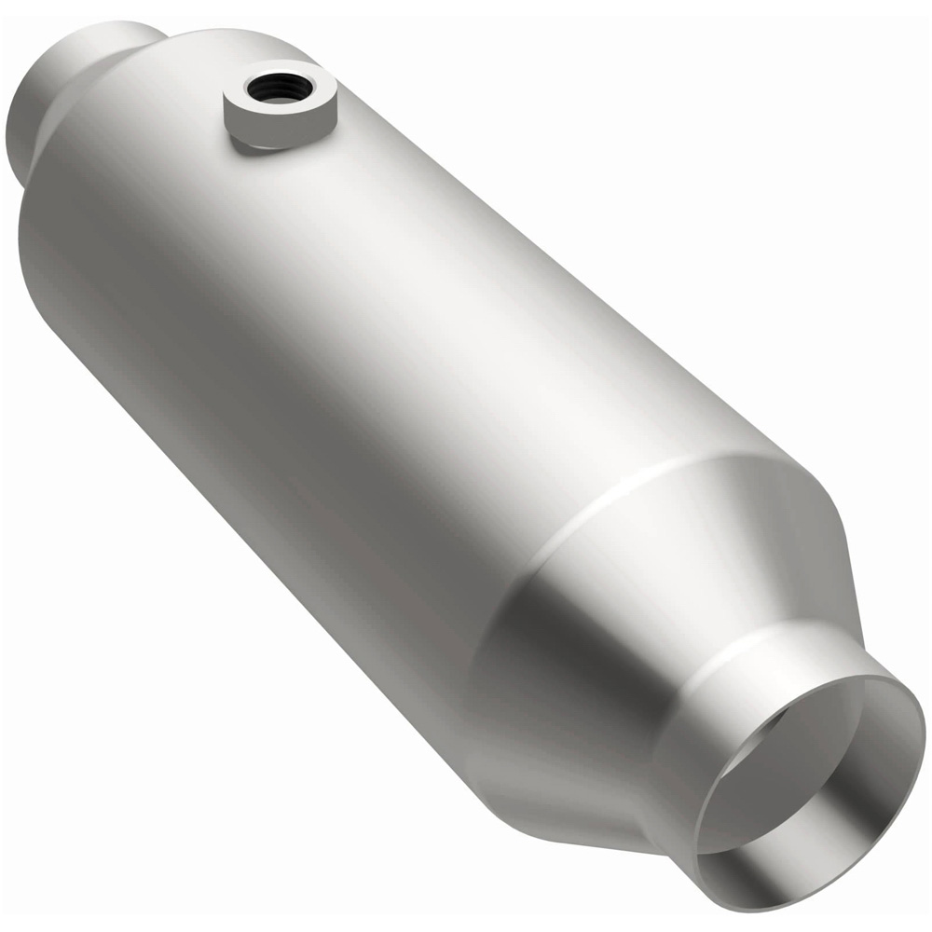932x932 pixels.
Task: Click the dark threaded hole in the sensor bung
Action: click(x=271, y=89)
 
